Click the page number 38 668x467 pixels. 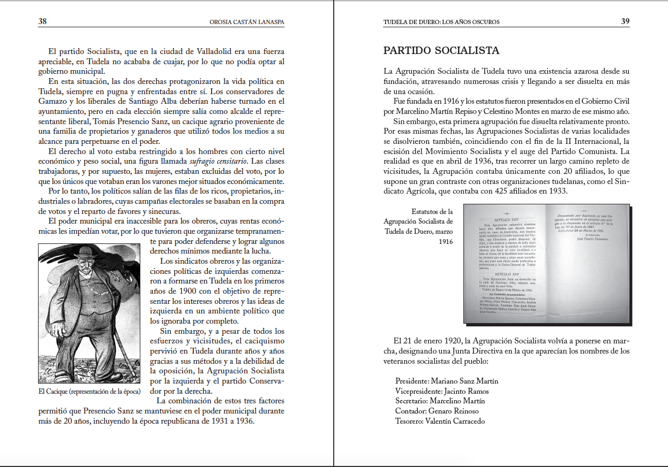(43, 21)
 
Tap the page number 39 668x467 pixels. (625, 21)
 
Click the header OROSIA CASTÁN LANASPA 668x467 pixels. (246, 22)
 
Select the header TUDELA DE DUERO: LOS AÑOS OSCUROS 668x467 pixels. (441, 22)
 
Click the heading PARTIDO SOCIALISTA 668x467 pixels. (441, 51)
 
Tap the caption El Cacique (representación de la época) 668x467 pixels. (89, 391)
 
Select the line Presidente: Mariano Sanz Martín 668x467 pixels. (447, 381)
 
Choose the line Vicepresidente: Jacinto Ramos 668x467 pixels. (442, 391)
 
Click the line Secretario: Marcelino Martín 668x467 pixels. (440, 401)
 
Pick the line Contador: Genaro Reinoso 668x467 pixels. (437, 411)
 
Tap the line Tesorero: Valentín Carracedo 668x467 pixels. (440, 421)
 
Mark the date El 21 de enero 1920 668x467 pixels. (428, 341)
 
